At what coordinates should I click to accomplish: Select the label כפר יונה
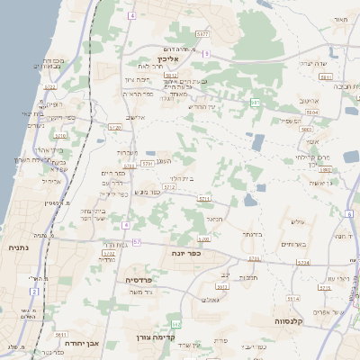185,254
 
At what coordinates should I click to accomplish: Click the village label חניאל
213,217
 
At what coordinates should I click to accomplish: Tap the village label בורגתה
251,235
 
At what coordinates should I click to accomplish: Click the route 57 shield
136,242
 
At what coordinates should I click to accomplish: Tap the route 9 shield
206,54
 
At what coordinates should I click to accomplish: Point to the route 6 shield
131,15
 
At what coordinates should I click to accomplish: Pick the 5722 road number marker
49,87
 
